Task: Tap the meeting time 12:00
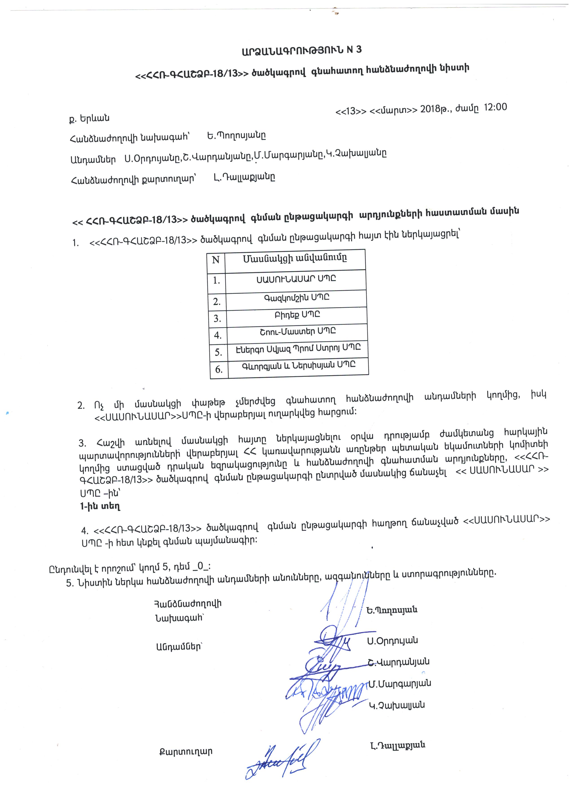(495, 107)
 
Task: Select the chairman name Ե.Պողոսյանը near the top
(237, 136)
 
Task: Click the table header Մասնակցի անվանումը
(295, 258)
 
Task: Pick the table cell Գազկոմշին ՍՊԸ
(296, 298)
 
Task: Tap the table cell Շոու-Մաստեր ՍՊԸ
(298, 331)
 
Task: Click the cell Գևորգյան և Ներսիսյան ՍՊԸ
(299, 365)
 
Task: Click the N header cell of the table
(216, 260)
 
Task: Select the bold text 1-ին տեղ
(100, 506)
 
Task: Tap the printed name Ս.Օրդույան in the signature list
(392, 640)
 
